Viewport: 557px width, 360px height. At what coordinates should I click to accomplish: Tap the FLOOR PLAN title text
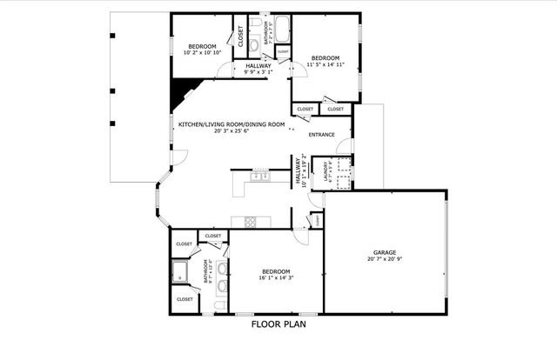(x=278, y=324)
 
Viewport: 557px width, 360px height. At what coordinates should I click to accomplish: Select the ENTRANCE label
(x=322, y=136)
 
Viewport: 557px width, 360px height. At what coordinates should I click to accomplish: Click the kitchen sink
(x=259, y=177)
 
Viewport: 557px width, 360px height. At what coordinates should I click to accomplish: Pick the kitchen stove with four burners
(x=251, y=221)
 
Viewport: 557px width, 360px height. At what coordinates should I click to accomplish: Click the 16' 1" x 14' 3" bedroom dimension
(x=277, y=278)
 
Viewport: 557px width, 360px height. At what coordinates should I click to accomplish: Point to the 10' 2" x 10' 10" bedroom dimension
(x=202, y=53)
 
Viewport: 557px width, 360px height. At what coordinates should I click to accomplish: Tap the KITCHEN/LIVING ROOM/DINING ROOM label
(x=232, y=124)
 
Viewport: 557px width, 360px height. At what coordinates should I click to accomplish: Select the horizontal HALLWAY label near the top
(x=258, y=66)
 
